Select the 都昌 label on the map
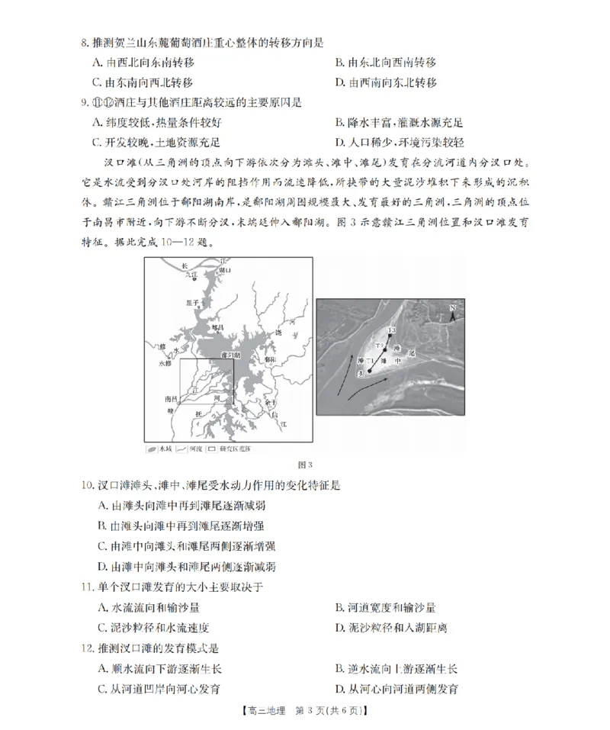click(219, 326)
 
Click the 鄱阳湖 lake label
click(230, 355)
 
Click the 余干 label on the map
click(269, 402)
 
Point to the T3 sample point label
click(391, 330)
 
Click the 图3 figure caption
click(304, 465)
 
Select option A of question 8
click(143, 62)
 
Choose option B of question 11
click(385, 607)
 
